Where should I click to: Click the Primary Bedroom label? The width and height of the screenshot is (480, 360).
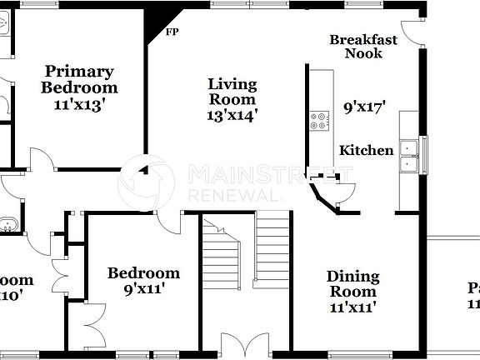point(80,79)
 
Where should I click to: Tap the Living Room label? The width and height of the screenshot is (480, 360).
point(232,91)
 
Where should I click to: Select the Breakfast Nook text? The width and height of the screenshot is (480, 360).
point(362,46)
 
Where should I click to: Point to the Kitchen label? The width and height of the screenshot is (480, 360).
point(367,151)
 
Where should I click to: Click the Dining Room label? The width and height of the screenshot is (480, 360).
point(352,283)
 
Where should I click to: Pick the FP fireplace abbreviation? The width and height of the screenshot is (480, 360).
point(172,32)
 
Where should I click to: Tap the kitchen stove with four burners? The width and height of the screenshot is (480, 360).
point(319,121)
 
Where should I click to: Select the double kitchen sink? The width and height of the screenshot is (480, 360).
point(408,154)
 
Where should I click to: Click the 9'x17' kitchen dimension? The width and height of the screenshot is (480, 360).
point(367,107)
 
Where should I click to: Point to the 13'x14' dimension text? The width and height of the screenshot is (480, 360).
point(232,115)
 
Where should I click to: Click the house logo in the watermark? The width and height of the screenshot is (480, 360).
point(147,182)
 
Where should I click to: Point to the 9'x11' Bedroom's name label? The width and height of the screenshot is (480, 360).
point(143,272)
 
